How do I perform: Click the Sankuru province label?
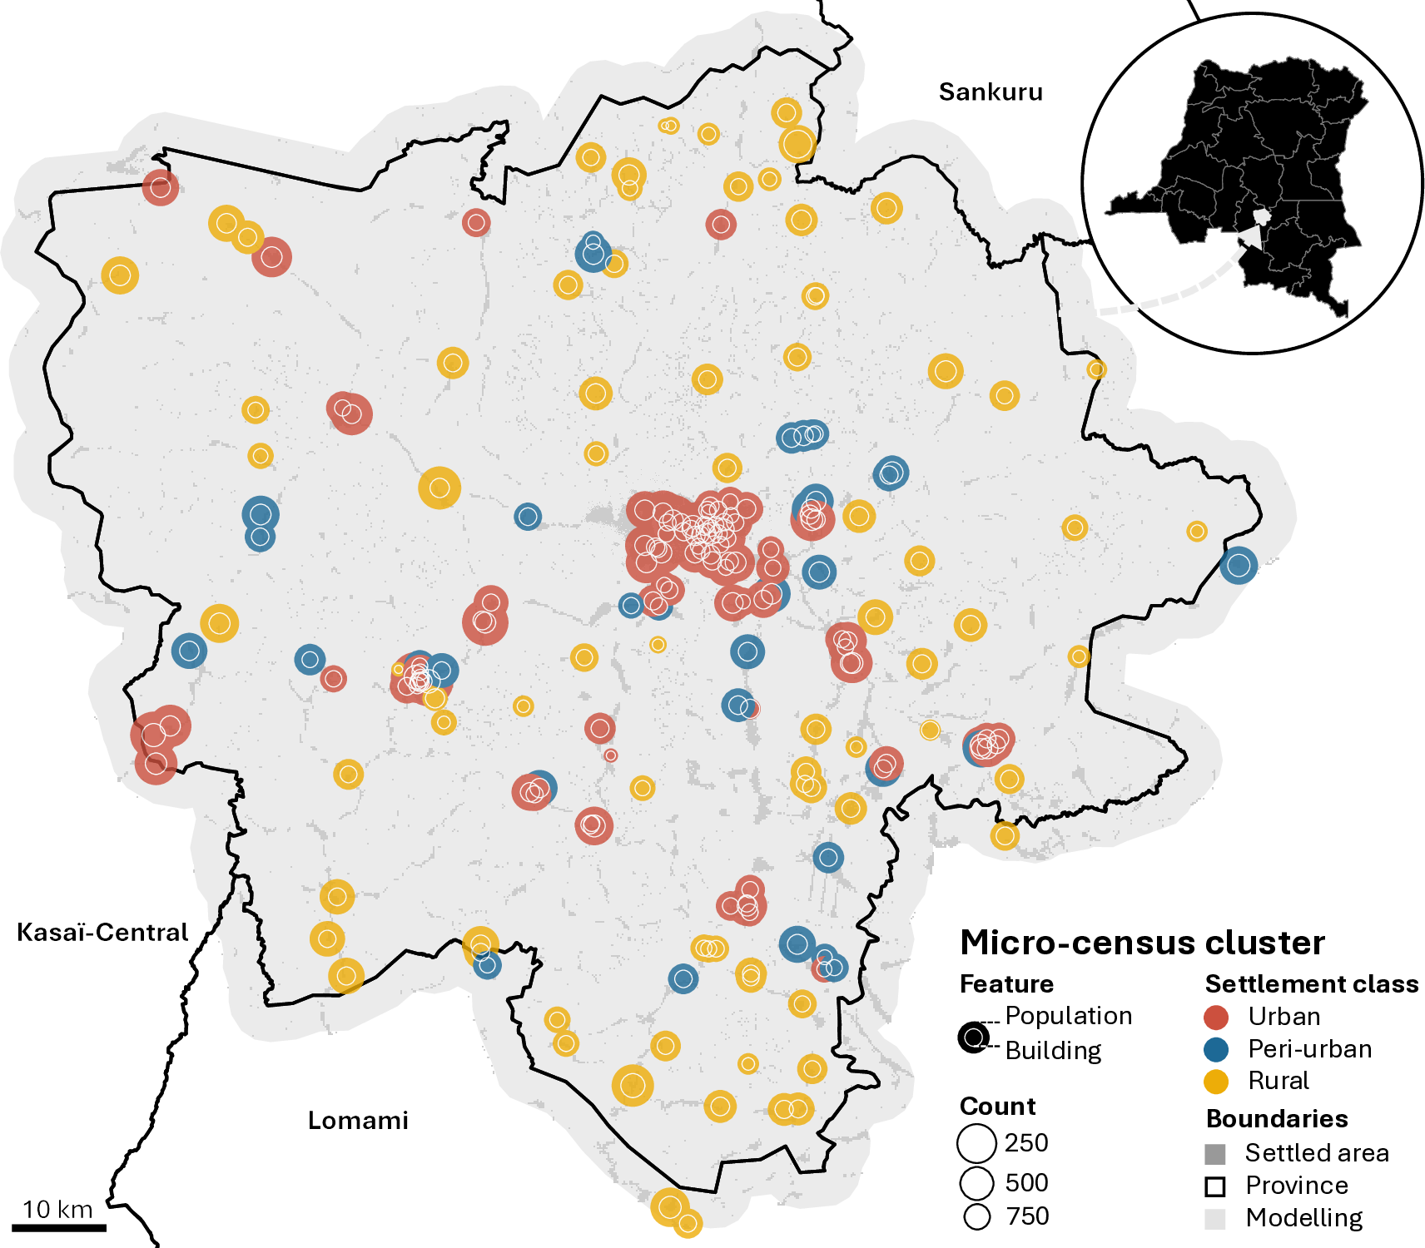point(990,92)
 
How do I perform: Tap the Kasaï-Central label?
point(102,932)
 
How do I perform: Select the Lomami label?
point(358,1121)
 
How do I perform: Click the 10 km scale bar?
point(58,1226)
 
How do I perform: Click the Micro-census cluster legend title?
point(1142,943)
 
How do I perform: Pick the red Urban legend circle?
point(1216,1017)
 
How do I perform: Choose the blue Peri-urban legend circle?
point(1216,1049)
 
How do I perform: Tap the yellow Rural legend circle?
point(1216,1082)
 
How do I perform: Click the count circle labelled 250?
point(976,1143)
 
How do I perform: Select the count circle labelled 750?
point(976,1217)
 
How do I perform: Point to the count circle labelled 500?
point(976,1182)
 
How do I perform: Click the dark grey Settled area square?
point(1215,1154)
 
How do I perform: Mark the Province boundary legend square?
point(1215,1186)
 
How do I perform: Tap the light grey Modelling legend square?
point(1215,1219)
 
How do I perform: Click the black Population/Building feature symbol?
point(973,1038)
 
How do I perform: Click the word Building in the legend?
point(1053,1051)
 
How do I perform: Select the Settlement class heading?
point(1311,984)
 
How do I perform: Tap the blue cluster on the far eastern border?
point(1238,565)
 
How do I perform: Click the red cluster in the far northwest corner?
point(160,187)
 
